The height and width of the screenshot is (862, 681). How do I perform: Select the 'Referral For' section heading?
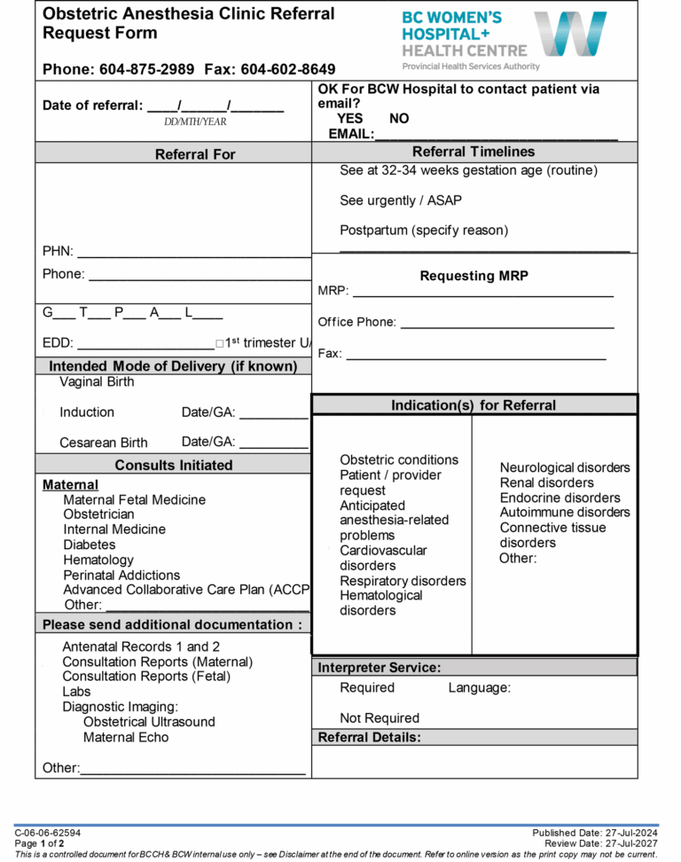click(195, 154)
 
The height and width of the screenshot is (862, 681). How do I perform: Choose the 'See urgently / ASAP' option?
click(400, 200)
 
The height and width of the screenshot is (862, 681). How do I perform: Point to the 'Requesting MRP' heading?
click(474, 276)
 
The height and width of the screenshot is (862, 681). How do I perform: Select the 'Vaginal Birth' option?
click(97, 382)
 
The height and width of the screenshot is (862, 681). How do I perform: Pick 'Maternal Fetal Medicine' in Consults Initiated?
click(134, 500)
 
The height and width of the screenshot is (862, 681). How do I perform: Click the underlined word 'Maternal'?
click(70, 485)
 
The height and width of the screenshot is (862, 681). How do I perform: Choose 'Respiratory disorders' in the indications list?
click(403, 581)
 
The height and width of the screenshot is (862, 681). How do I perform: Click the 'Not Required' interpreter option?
click(380, 718)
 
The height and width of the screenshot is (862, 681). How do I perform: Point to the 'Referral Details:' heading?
click(369, 738)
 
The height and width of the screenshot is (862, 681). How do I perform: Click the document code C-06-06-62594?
click(47, 834)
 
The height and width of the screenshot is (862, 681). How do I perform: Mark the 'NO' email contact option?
click(399, 119)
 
